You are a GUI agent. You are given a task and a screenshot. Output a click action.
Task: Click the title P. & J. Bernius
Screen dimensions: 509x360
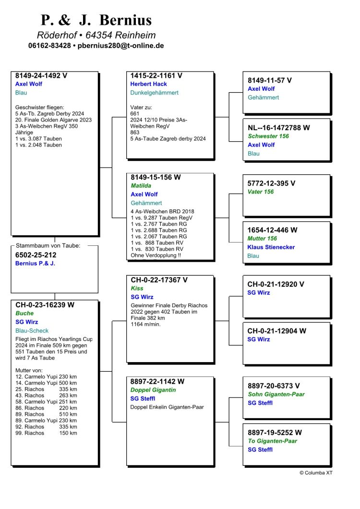(96, 20)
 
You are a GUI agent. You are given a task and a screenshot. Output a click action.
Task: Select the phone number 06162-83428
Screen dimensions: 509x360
(49, 46)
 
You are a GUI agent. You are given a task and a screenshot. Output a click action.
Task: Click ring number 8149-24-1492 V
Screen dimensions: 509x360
(41, 75)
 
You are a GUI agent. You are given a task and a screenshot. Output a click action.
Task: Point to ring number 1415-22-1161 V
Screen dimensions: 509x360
(156, 75)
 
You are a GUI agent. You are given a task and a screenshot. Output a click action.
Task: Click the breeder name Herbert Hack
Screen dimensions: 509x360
(149, 84)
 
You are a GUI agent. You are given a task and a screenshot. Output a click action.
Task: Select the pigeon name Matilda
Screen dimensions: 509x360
(141, 185)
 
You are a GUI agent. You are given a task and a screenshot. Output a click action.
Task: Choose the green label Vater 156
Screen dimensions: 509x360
(261, 192)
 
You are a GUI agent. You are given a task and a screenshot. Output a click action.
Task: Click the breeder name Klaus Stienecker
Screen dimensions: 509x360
(271, 247)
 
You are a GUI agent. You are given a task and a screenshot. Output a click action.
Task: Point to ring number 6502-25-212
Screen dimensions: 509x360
(36, 255)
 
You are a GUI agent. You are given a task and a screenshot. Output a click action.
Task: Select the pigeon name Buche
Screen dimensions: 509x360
(24, 313)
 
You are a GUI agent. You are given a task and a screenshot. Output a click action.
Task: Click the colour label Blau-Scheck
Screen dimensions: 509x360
(32, 330)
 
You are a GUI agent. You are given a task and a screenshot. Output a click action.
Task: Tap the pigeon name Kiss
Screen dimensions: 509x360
(137, 288)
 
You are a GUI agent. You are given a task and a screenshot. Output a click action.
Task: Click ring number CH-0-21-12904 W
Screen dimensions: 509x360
(276, 331)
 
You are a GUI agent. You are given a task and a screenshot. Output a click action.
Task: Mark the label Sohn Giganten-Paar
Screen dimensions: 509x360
(276, 394)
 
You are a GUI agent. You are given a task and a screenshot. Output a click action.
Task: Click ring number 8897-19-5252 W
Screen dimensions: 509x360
(275, 432)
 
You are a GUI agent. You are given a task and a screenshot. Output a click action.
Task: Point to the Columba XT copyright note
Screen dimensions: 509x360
(316, 473)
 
